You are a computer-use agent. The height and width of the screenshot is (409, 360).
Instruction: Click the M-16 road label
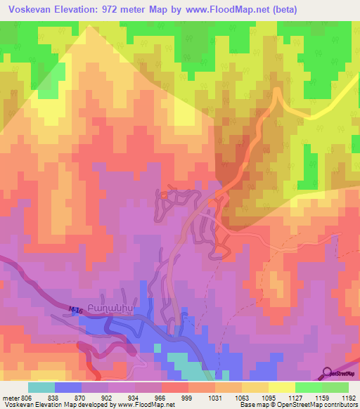[x=75, y=309]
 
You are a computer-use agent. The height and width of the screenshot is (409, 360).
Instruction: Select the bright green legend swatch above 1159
[x=309, y=387]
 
